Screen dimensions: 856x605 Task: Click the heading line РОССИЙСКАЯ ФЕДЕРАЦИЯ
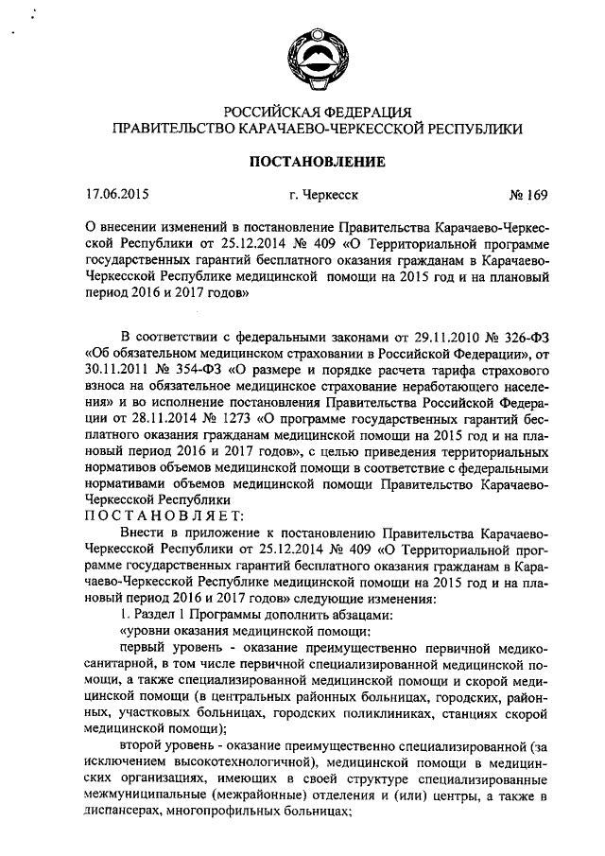point(316,113)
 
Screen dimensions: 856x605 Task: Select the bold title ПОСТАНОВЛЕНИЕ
point(316,162)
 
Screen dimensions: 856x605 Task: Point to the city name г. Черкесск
point(324,198)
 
